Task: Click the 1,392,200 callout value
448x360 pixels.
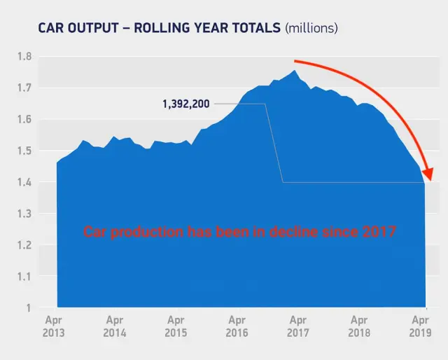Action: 185,104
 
